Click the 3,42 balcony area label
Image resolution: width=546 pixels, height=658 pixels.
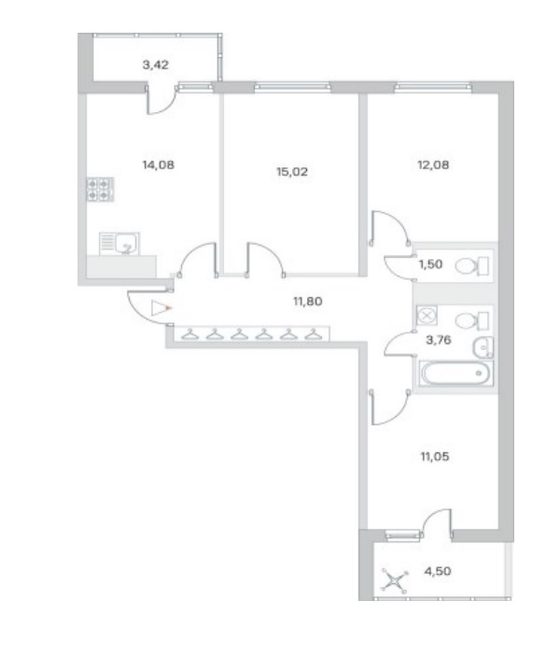tap(156, 65)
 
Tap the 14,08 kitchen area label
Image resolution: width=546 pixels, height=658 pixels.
tap(159, 164)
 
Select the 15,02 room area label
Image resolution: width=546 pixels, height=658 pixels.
tap(292, 172)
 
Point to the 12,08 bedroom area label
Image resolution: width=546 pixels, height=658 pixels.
tap(433, 164)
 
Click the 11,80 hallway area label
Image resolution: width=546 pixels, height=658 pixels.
tap(308, 301)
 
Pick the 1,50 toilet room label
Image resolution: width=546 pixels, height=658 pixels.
tap(431, 265)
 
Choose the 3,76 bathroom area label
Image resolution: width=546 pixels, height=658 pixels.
tap(439, 340)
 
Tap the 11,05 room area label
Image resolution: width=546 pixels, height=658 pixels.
tap(435, 456)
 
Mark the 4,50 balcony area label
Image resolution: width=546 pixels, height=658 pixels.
tap(438, 571)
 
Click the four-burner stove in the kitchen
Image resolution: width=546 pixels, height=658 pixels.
tap(100, 189)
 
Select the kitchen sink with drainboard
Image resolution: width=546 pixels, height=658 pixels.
tap(119, 244)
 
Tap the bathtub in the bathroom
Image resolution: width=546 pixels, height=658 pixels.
tap(455, 374)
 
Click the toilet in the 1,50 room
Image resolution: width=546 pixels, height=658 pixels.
tap(472, 266)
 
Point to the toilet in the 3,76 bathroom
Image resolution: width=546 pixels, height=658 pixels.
tap(472, 322)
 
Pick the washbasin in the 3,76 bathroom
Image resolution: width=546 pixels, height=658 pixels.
tap(483, 348)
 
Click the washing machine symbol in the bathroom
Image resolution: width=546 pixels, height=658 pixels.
tap(427, 315)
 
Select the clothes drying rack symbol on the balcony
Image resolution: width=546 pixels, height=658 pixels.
tap(395, 581)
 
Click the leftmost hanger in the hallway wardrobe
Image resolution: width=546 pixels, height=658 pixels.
tap(189, 335)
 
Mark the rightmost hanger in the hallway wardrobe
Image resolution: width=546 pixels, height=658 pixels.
tap(313, 335)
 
